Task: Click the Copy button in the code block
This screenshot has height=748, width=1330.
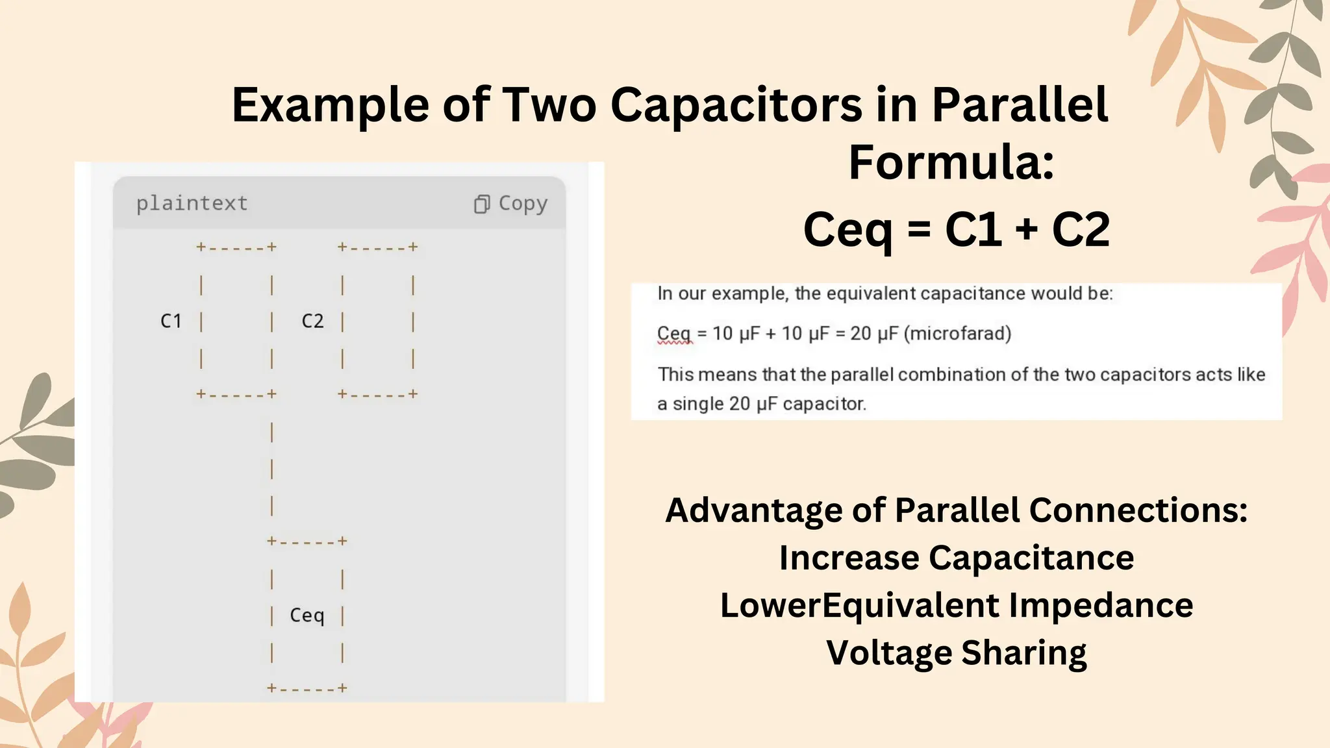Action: pyautogui.click(x=511, y=203)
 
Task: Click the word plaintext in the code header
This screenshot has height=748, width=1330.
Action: pyautogui.click(x=192, y=203)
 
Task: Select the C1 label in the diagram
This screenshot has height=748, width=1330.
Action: pyautogui.click(x=171, y=321)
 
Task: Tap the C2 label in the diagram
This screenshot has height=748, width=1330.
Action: pyautogui.click(x=312, y=321)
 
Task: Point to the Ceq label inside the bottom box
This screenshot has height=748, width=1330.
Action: pyautogui.click(x=307, y=615)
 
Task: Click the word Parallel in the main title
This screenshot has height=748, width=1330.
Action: pyautogui.click(x=1020, y=105)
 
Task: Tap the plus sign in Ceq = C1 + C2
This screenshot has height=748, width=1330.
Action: pyautogui.click(x=1027, y=229)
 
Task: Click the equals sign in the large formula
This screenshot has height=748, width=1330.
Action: pyautogui.click(x=919, y=229)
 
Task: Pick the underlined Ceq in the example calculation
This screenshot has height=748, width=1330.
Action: pyautogui.click(x=673, y=334)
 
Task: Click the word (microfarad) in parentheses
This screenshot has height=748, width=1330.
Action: pyautogui.click(x=958, y=334)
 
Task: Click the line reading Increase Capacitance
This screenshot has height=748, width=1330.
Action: pyautogui.click(x=957, y=558)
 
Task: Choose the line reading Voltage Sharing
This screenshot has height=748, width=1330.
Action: pyautogui.click(x=957, y=653)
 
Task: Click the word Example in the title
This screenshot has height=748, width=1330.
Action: pyautogui.click(x=331, y=105)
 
